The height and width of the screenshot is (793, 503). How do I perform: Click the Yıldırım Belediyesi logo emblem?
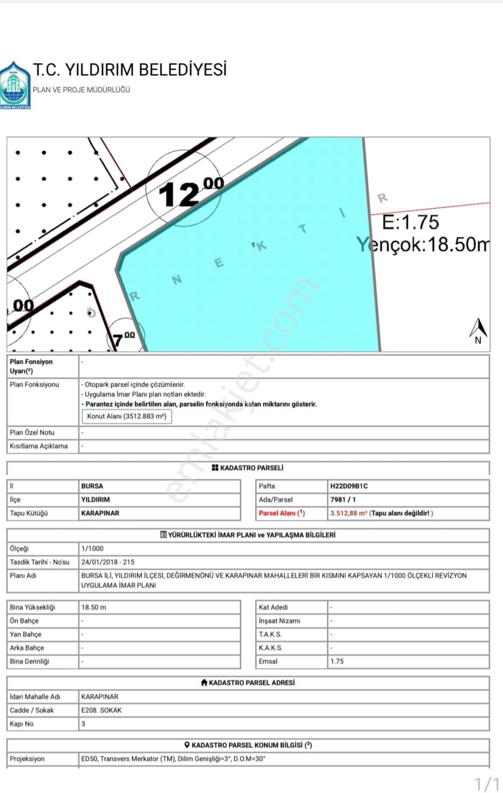pos(15,86)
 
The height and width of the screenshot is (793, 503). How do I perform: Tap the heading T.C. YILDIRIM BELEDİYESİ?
pos(129,70)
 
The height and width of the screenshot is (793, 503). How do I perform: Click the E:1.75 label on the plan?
pos(410,222)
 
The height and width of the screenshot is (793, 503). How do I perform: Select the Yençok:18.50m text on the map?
pos(423,244)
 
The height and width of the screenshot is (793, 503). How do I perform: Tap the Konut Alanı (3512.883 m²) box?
pos(127,416)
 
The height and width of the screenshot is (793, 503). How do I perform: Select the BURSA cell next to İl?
pos(92,486)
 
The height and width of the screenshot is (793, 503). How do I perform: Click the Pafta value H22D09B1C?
pos(349,486)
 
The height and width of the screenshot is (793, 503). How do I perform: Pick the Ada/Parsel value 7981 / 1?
pos(343,500)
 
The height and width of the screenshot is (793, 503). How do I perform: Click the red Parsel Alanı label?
pos(282,513)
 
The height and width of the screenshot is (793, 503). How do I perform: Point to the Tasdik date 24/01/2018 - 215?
pos(108,562)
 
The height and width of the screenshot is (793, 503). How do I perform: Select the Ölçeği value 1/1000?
pos(92,549)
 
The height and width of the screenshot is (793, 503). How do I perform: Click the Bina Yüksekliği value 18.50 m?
pos(94,607)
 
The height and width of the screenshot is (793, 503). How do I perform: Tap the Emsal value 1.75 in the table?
pos(337,661)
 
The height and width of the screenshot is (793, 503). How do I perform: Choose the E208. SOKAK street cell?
pos(101,710)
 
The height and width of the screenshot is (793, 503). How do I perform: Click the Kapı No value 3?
pos(83,724)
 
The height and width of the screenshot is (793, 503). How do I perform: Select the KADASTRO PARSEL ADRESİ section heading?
pos(248,683)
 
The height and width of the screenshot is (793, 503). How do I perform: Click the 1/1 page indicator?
pos(486,783)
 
